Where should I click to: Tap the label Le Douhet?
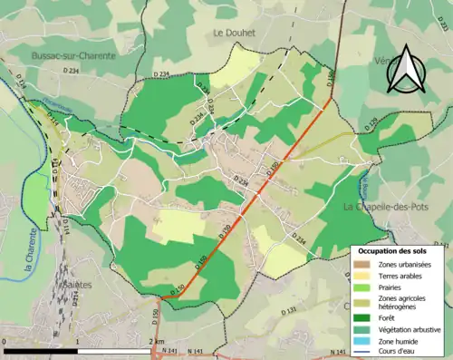(235, 33)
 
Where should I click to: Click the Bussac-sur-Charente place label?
(73, 55)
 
